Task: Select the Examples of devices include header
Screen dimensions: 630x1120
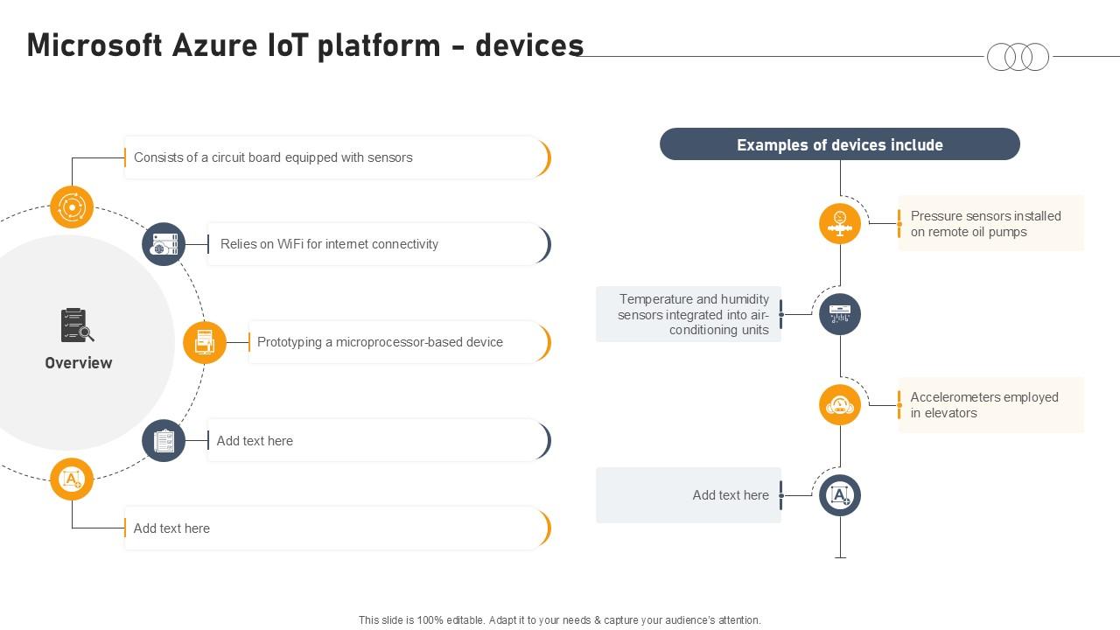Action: point(839,144)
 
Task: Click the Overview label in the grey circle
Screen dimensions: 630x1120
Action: point(79,363)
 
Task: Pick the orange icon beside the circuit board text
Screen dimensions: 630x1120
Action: point(72,207)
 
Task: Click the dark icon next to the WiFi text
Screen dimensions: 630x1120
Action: point(164,244)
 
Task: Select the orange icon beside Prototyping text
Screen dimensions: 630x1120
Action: point(205,342)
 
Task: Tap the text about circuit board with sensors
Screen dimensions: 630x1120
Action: point(273,157)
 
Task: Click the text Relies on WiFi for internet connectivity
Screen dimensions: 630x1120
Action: point(329,244)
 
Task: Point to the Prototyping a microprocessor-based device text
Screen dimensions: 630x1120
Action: point(380,342)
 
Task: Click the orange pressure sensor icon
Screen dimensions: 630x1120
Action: point(840,223)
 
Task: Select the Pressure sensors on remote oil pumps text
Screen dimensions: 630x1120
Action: point(985,224)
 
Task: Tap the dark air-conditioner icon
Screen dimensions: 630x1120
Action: point(840,314)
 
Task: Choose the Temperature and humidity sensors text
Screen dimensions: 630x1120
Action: point(693,314)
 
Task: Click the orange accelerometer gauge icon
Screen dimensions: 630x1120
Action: point(840,405)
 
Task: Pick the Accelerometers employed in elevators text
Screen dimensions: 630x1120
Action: point(983,405)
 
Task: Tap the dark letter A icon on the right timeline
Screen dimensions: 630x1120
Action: point(840,496)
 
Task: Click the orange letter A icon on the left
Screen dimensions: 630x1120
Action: point(72,479)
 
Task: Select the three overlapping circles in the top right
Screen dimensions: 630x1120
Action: point(1018,57)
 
